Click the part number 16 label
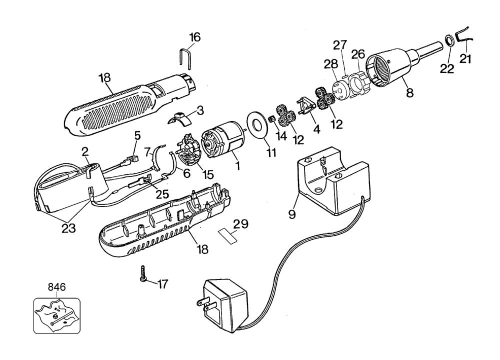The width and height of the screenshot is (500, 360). click(195, 37)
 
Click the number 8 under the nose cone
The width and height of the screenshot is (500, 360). click(409, 92)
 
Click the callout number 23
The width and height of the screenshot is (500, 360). click(68, 228)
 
